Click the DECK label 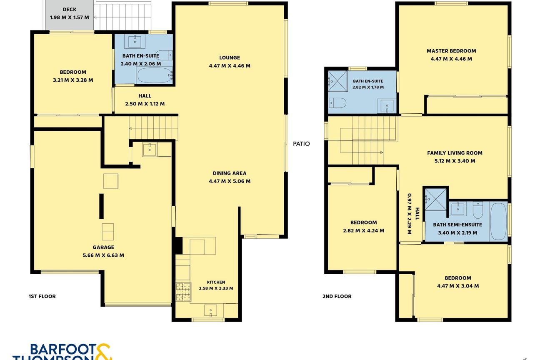coord(70,10)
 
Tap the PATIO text coord(301,144)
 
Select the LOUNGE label coord(230,57)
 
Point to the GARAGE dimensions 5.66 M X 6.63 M coord(103,255)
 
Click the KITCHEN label coord(216,282)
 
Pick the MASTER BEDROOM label coord(451,51)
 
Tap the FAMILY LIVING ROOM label coord(455,153)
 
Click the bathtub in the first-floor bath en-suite coord(154,75)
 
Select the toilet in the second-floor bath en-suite coord(337,103)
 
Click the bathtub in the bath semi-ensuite coord(498,221)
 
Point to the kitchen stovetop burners coord(183,292)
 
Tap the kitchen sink coord(210,310)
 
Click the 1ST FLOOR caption coord(42,296)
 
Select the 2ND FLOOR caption coord(337,296)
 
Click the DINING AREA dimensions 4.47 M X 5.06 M coord(230,181)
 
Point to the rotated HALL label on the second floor coord(417,214)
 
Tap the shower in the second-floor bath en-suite coord(337,81)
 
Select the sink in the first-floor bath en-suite coord(135,42)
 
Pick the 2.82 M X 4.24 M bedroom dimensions coord(363,230)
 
